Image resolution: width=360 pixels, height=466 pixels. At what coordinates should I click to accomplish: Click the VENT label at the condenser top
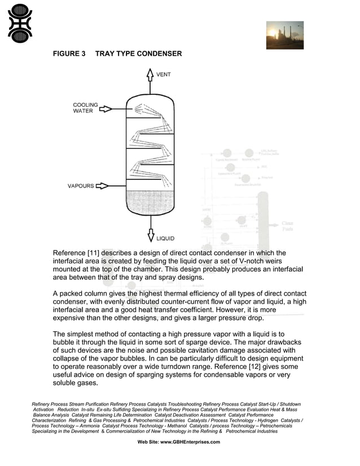pos(163,74)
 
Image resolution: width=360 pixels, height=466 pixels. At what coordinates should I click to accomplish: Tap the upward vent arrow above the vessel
pos(150,78)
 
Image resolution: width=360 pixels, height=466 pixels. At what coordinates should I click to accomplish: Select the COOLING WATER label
pos(85,108)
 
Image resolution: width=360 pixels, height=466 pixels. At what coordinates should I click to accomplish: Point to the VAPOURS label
pos(81,186)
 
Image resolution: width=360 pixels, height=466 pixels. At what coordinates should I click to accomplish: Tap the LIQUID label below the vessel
pos(165,239)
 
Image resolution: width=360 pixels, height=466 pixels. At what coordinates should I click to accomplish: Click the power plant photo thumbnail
pos(284,36)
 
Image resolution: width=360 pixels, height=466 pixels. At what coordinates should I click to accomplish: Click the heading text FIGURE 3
pos(69,54)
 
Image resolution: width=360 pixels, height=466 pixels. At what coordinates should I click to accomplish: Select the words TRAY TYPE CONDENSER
pos(139,54)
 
